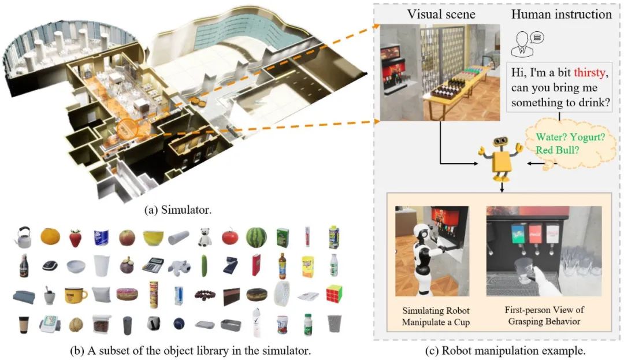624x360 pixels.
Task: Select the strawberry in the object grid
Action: (75, 237)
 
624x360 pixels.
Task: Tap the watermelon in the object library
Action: (256, 237)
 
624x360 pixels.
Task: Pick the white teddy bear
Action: (205, 236)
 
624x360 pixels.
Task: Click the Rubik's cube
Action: (334, 294)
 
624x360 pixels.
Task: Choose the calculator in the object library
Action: (153, 265)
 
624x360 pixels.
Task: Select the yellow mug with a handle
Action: (75, 295)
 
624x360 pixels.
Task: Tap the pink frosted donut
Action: (127, 294)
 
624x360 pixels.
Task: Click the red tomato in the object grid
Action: (230, 237)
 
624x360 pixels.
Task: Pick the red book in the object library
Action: (255, 265)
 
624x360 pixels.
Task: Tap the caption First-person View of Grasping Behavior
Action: (544, 316)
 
